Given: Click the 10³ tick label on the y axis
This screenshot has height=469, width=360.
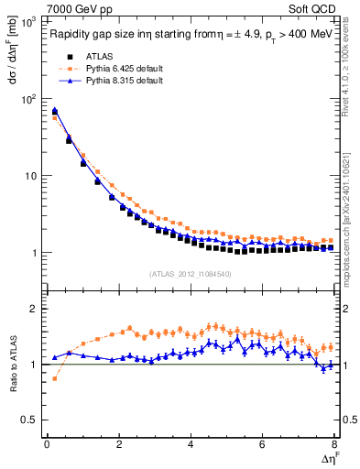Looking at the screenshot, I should point(30,20).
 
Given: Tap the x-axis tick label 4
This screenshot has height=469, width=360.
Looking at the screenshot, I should point(191,443).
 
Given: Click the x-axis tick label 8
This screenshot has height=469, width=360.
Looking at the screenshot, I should point(334,443).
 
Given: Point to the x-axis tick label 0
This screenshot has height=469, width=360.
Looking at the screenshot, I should point(47,443).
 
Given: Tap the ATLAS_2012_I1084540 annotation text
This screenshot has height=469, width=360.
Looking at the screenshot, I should point(191,274).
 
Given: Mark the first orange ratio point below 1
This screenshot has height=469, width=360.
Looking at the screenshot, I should point(54,378).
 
